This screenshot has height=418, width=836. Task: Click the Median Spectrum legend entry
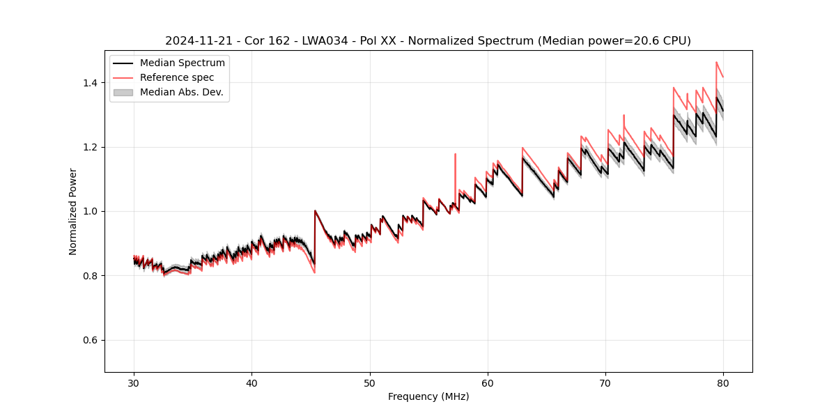click(x=183, y=63)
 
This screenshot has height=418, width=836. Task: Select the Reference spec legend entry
click(x=177, y=77)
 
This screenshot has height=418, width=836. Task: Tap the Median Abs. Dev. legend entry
click(x=181, y=92)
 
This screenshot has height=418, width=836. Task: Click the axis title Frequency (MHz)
click(x=428, y=396)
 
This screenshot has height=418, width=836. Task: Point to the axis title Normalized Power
click(x=73, y=211)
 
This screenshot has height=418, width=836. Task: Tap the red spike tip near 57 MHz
click(x=455, y=154)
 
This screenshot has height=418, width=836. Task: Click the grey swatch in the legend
click(x=123, y=92)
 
